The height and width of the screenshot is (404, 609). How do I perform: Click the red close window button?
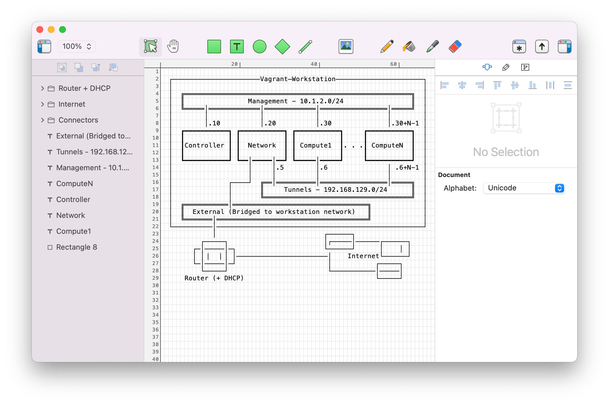coord(40,30)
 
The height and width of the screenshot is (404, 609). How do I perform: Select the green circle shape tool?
coord(259,47)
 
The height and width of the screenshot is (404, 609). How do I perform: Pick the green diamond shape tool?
coord(282,47)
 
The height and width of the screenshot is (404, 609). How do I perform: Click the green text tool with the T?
coord(237,47)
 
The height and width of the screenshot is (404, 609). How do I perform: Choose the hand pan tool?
coord(173,47)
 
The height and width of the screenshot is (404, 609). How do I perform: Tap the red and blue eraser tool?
coord(455,47)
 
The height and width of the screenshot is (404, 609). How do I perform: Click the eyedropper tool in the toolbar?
coord(432,47)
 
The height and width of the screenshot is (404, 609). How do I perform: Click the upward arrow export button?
coord(542,47)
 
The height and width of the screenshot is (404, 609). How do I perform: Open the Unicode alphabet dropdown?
coord(524,188)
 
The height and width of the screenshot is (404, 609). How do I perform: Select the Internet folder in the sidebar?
coord(72,104)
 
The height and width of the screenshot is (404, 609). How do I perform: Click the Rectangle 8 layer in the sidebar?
coord(76,247)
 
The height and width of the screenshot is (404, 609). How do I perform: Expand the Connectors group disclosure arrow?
coord(43,120)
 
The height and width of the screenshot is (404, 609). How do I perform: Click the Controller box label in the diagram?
coord(204,146)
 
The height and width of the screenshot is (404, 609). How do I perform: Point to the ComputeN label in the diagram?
coord(387,146)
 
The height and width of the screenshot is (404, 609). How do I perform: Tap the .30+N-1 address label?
coord(405,123)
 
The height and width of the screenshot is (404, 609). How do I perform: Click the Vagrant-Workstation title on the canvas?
coord(298,79)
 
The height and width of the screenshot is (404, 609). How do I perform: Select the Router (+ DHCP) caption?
coord(214,278)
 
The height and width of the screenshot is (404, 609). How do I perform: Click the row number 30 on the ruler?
coord(155,285)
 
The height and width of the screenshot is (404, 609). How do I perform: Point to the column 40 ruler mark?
coord(314,64)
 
